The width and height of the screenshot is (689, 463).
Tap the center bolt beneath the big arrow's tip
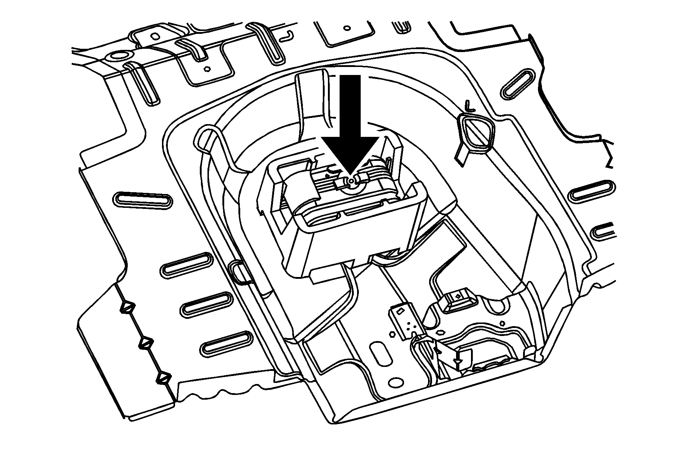[350, 181]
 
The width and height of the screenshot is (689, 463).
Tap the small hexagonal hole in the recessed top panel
[207, 68]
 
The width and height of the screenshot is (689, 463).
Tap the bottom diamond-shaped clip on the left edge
[163, 377]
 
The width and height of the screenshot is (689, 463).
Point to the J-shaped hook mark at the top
[288, 35]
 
